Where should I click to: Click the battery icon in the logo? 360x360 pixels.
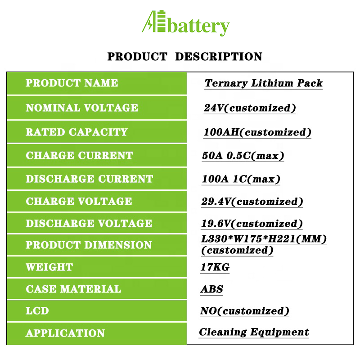[162, 21]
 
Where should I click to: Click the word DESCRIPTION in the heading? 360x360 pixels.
[219, 57]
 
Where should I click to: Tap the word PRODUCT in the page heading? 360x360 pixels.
[137, 57]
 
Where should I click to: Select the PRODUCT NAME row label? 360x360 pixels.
[72, 83]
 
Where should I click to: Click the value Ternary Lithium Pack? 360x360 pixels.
[264, 83]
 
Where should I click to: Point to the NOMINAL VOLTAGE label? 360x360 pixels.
[82, 108]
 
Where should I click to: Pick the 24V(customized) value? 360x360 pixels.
[250, 108]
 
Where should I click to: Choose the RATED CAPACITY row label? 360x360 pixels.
[76, 132]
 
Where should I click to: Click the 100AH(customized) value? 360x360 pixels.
[257, 132]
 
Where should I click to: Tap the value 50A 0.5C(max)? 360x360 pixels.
[243, 156]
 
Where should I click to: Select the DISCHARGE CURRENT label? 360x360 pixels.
[89, 179]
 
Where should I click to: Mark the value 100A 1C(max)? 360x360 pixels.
[241, 179]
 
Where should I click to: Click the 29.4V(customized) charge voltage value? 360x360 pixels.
[252, 202]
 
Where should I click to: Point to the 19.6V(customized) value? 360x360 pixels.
[252, 224]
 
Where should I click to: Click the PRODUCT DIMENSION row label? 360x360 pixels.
[89, 245]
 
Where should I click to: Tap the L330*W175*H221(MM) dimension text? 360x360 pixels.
[264, 239]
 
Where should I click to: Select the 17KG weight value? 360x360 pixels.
[215, 267]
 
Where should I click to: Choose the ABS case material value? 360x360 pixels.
[211, 289]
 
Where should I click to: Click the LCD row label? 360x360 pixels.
[37, 311]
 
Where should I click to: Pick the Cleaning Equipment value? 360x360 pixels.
[254, 332]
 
